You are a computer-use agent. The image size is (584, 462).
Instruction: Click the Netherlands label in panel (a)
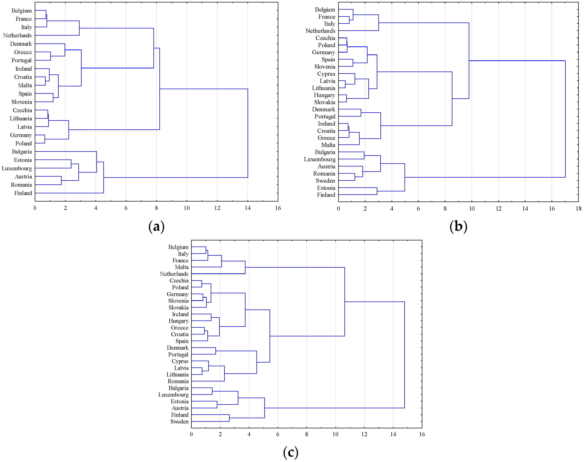coord(17,35)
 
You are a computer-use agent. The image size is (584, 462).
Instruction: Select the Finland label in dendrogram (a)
coord(23,193)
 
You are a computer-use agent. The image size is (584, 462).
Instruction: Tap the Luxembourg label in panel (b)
coord(320,159)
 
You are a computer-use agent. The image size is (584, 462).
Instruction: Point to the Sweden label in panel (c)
coord(179,421)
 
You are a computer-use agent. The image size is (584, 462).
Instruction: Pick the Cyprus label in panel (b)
coord(326,74)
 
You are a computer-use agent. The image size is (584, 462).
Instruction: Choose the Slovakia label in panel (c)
coord(179,308)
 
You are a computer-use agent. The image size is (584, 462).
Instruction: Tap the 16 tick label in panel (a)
coord(278,208)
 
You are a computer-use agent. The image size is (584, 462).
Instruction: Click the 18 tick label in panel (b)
coord(578,208)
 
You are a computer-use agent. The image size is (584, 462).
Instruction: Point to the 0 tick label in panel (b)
coord(338,208)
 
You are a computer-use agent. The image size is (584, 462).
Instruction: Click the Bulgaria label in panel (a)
coord(22,152)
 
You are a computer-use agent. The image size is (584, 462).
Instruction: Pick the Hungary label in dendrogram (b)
coord(325,95)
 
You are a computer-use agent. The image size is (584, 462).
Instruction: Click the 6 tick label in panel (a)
coord(126,208)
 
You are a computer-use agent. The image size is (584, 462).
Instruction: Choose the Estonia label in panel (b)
coord(326,188)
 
